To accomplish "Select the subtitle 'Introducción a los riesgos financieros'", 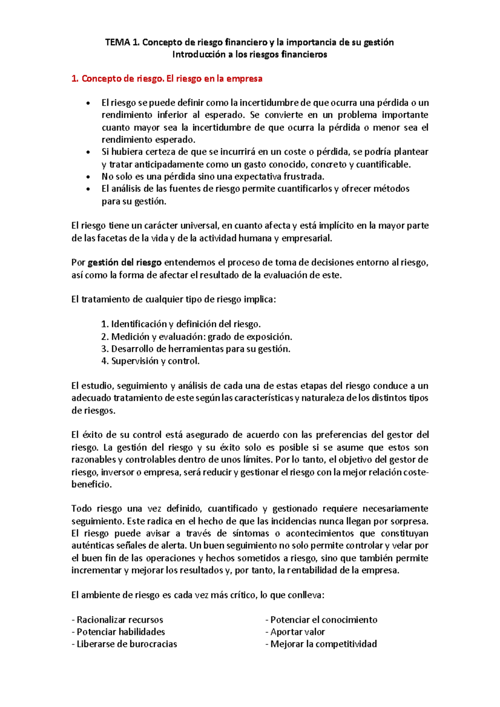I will click(250, 55).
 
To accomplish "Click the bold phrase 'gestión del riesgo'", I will click(125, 263).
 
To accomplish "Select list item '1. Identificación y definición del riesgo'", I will click(181, 324).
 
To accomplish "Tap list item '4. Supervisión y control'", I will click(150, 361).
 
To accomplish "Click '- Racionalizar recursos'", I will click(117, 620).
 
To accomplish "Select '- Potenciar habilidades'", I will click(118, 632).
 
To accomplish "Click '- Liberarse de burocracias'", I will click(124, 645).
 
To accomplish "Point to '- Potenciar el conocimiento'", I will click(321, 620).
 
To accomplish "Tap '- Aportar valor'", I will click(295, 632).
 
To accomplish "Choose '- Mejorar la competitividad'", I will click(321, 645).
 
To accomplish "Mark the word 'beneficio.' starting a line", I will click(92, 485).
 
